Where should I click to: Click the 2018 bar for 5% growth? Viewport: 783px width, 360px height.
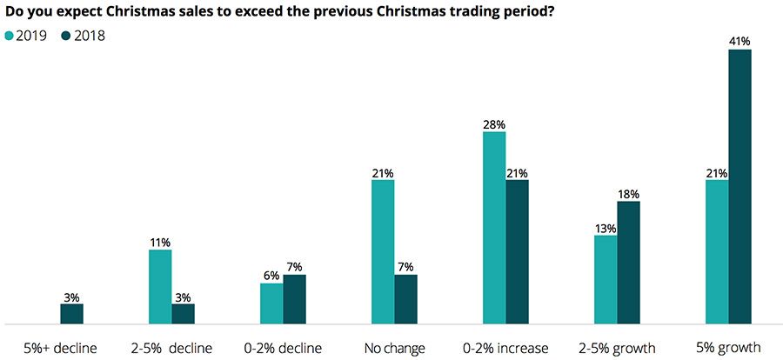coord(739,186)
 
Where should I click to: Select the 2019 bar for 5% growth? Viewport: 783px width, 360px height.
coord(717,251)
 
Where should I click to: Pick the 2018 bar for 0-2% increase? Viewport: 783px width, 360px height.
coord(517,251)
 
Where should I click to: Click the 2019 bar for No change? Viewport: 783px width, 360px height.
coord(383,251)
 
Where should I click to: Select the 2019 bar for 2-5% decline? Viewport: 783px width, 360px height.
coord(160,286)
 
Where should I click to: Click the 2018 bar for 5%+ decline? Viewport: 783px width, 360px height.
coord(71,313)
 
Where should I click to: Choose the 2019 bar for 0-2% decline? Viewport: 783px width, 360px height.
coord(271,303)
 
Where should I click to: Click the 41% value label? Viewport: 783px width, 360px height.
coord(739,41)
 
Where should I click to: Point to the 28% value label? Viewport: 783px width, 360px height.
coord(494,123)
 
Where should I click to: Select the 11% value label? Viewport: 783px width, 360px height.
coord(160,242)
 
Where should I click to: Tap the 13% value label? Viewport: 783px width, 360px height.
coord(606,228)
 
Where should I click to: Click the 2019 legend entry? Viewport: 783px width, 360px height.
coord(27,37)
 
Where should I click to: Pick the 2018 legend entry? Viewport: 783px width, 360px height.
coord(83,37)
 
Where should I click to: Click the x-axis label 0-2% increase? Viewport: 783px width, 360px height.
coord(505,348)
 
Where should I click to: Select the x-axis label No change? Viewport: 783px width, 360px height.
coord(394,348)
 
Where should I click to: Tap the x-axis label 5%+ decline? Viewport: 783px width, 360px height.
coord(60,348)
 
